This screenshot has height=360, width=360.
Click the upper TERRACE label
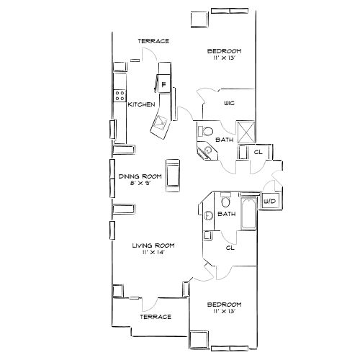pos(154,41)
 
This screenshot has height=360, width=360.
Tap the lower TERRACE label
pos(156,317)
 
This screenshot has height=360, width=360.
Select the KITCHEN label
pos(141,104)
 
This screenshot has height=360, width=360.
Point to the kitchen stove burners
pos(117,96)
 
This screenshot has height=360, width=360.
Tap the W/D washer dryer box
pos(271,202)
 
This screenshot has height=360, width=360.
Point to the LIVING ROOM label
pos(153,246)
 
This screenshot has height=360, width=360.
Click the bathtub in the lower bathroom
pos(249,213)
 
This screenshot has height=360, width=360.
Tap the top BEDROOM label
pos(224,51)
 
